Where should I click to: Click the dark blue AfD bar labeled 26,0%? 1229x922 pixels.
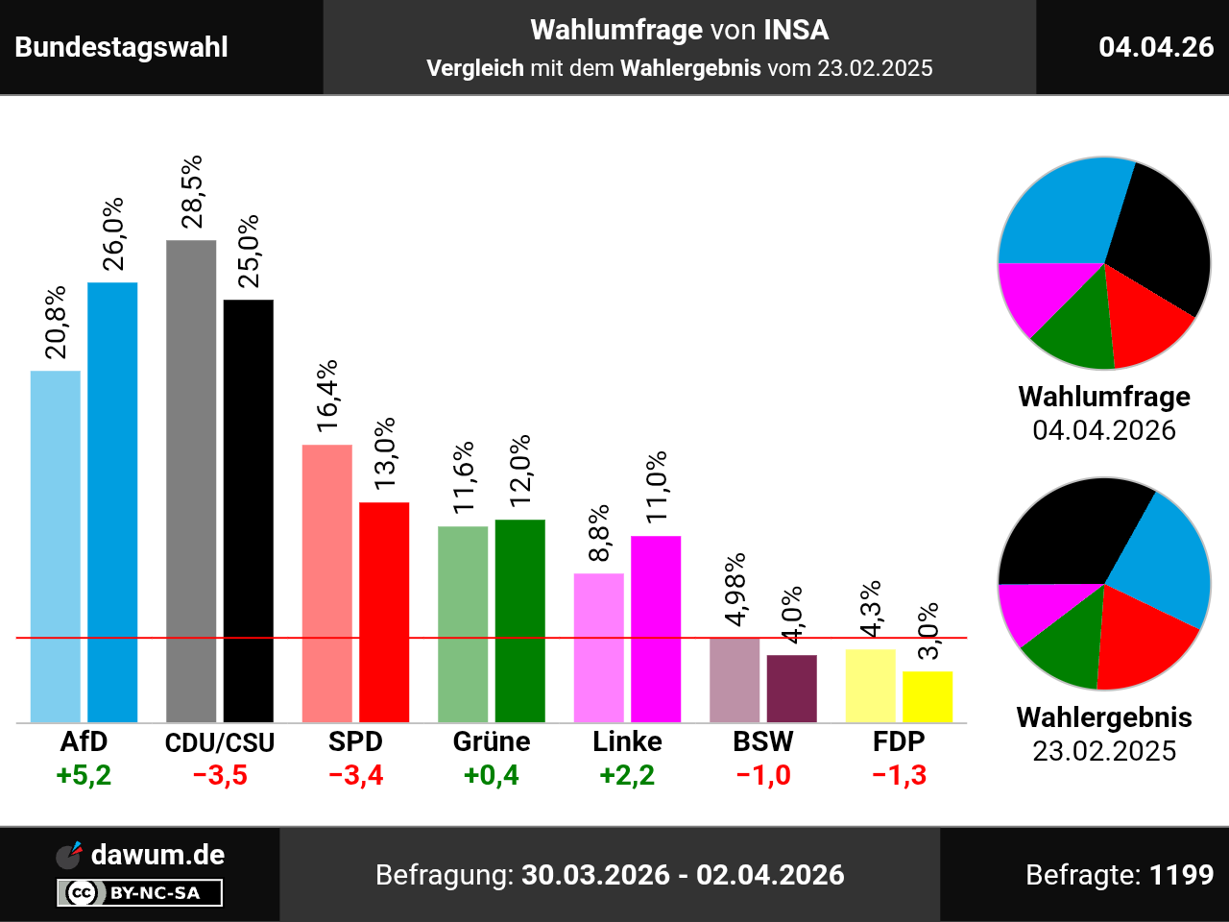tap(112, 501)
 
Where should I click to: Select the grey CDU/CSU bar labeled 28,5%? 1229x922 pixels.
tap(191, 480)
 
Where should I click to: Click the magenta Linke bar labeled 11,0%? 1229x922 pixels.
tap(656, 628)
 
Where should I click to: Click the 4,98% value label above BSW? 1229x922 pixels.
tap(735, 590)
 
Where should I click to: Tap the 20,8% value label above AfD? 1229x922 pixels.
tap(56, 322)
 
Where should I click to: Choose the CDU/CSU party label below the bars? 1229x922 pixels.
tap(220, 742)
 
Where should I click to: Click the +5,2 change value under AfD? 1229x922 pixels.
tap(84, 775)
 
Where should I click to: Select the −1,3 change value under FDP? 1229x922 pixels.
tap(900, 775)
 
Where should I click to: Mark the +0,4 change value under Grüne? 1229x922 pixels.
tap(492, 775)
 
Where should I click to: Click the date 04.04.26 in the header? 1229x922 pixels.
tap(1156, 47)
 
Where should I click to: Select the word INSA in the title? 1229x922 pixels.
tap(796, 30)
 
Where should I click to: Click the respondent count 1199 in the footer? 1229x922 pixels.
tap(1182, 875)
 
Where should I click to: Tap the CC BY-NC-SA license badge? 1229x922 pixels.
tap(140, 893)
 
